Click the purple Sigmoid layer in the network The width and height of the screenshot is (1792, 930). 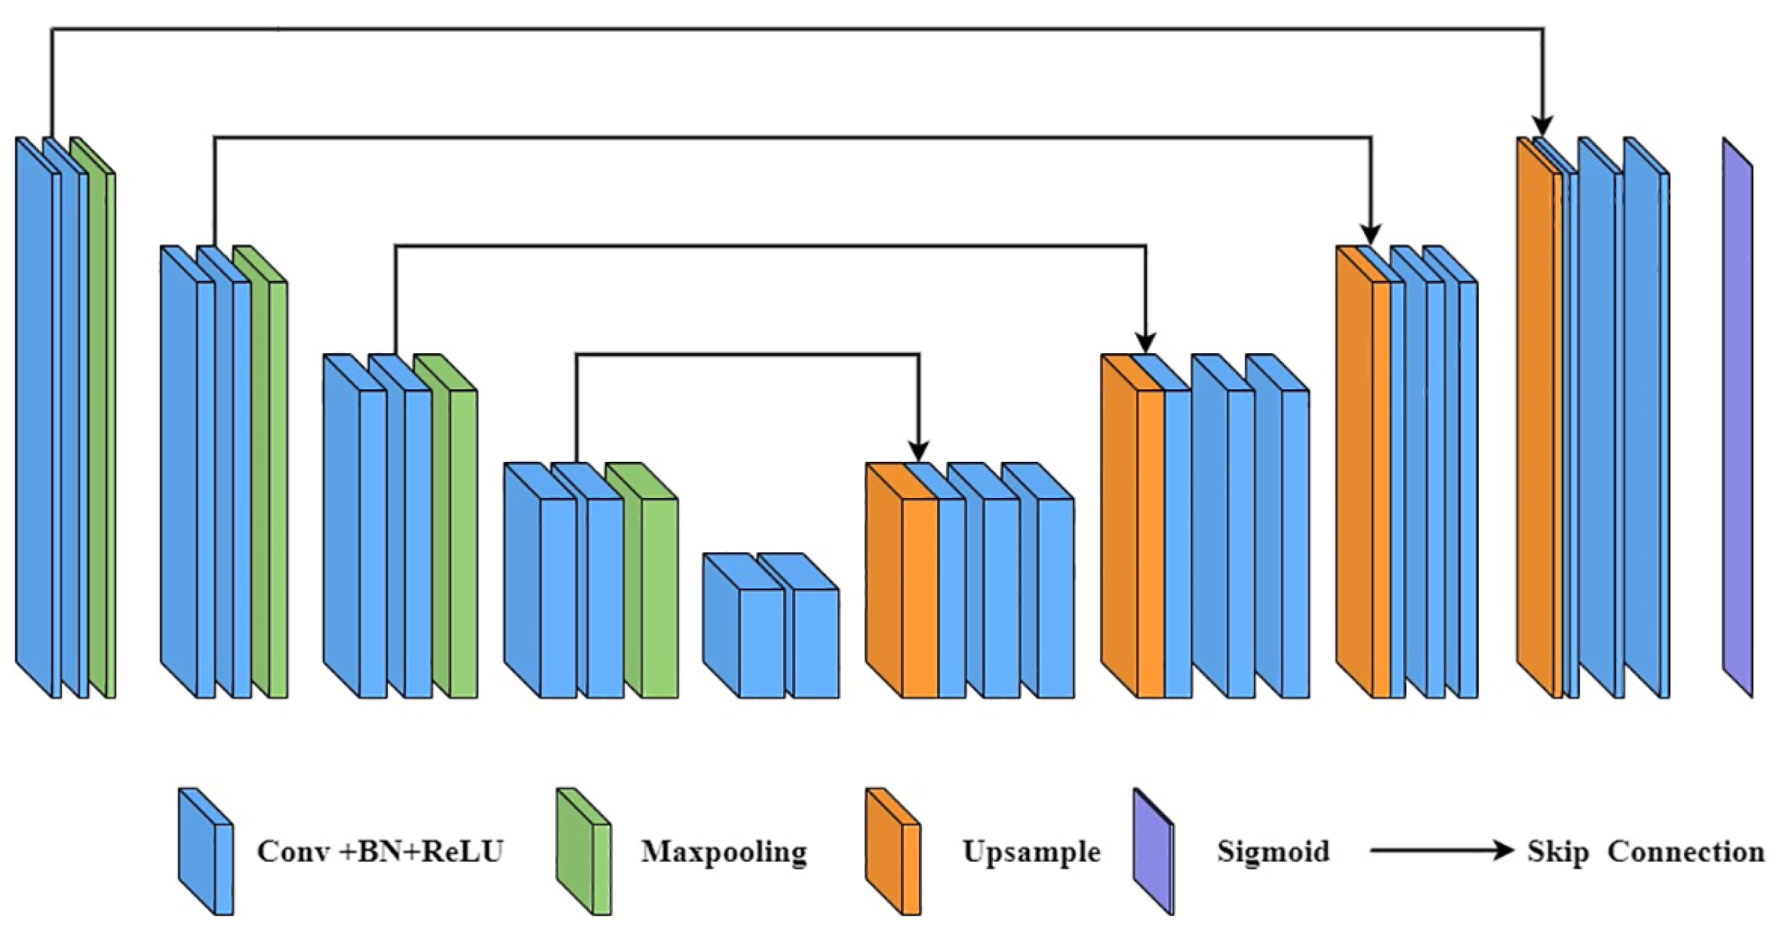point(1737,418)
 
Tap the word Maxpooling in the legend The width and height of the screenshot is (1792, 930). point(724,851)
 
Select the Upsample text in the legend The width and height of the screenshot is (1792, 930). point(1031,851)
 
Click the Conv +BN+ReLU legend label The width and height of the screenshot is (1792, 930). point(380,851)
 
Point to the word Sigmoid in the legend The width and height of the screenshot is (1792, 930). point(1273,851)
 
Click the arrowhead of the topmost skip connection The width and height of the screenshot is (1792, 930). point(1543,127)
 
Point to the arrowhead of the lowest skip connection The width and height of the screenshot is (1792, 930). point(919,451)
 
